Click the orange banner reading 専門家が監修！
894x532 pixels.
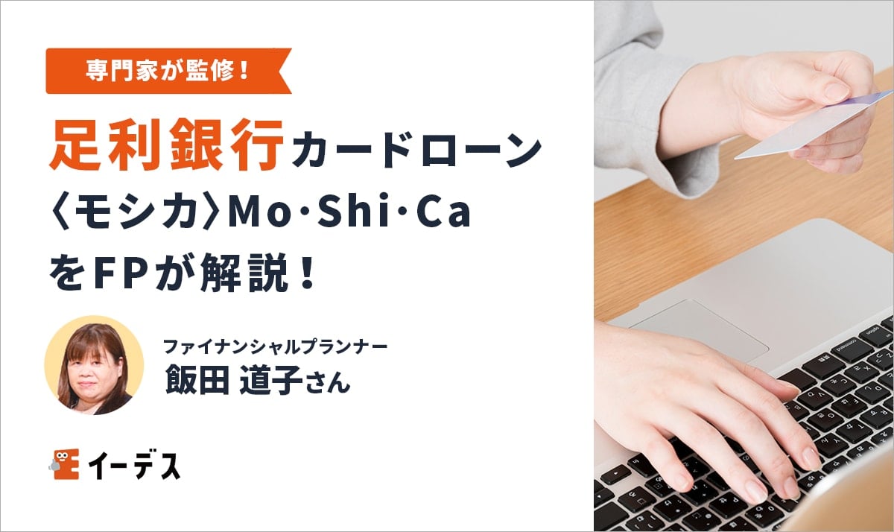click(168, 72)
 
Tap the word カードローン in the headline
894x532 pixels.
click(416, 149)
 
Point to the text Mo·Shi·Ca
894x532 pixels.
click(349, 214)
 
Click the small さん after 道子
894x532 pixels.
click(326, 384)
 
